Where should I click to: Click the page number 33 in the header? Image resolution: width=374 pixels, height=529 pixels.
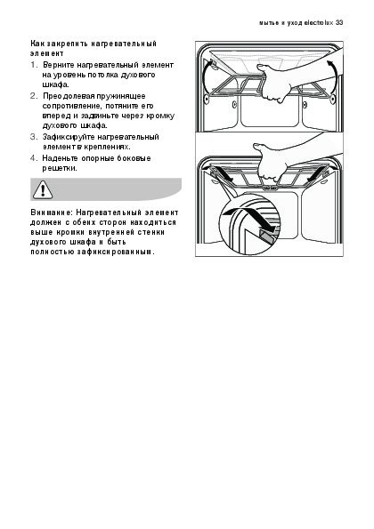coord(339,23)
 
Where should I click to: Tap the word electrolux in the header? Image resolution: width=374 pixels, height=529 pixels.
coord(319,23)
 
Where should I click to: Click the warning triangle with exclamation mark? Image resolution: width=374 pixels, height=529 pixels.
coord(42,189)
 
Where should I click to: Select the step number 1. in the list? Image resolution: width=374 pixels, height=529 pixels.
coord(34,65)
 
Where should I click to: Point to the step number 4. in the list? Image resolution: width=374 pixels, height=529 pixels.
coord(35,158)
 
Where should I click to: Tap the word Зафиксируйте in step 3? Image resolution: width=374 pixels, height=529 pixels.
coord(69,137)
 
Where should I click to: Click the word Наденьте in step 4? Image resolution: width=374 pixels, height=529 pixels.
coord(61,158)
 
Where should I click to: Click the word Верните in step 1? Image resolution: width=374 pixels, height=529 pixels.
coord(59,65)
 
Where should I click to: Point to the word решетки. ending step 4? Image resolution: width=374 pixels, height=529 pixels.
coord(60,168)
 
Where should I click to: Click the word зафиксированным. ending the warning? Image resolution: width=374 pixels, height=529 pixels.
coord(116,252)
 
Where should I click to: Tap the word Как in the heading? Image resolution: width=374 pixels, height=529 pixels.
coord(37,44)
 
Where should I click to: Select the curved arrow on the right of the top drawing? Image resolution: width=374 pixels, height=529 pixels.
coord(332,77)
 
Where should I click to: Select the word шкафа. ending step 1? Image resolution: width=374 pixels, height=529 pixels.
coord(56,84)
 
